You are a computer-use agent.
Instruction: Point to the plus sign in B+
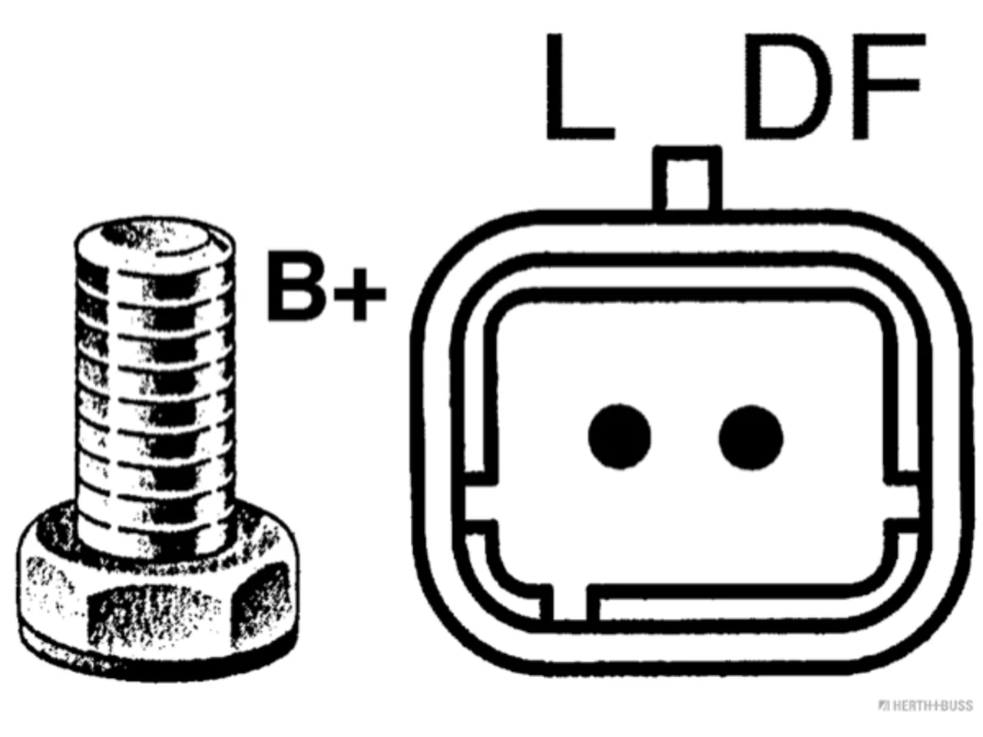point(359,294)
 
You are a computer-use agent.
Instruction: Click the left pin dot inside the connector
point(619,437)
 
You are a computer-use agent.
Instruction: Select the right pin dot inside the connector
point(751,437)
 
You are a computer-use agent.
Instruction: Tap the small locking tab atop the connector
point(687,178)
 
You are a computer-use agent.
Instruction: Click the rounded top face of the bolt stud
point(155,243)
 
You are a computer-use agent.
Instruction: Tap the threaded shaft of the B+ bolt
point(155,394)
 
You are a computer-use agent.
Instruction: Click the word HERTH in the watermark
point(912,706)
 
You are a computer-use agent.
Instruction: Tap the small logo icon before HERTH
point(885,706)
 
